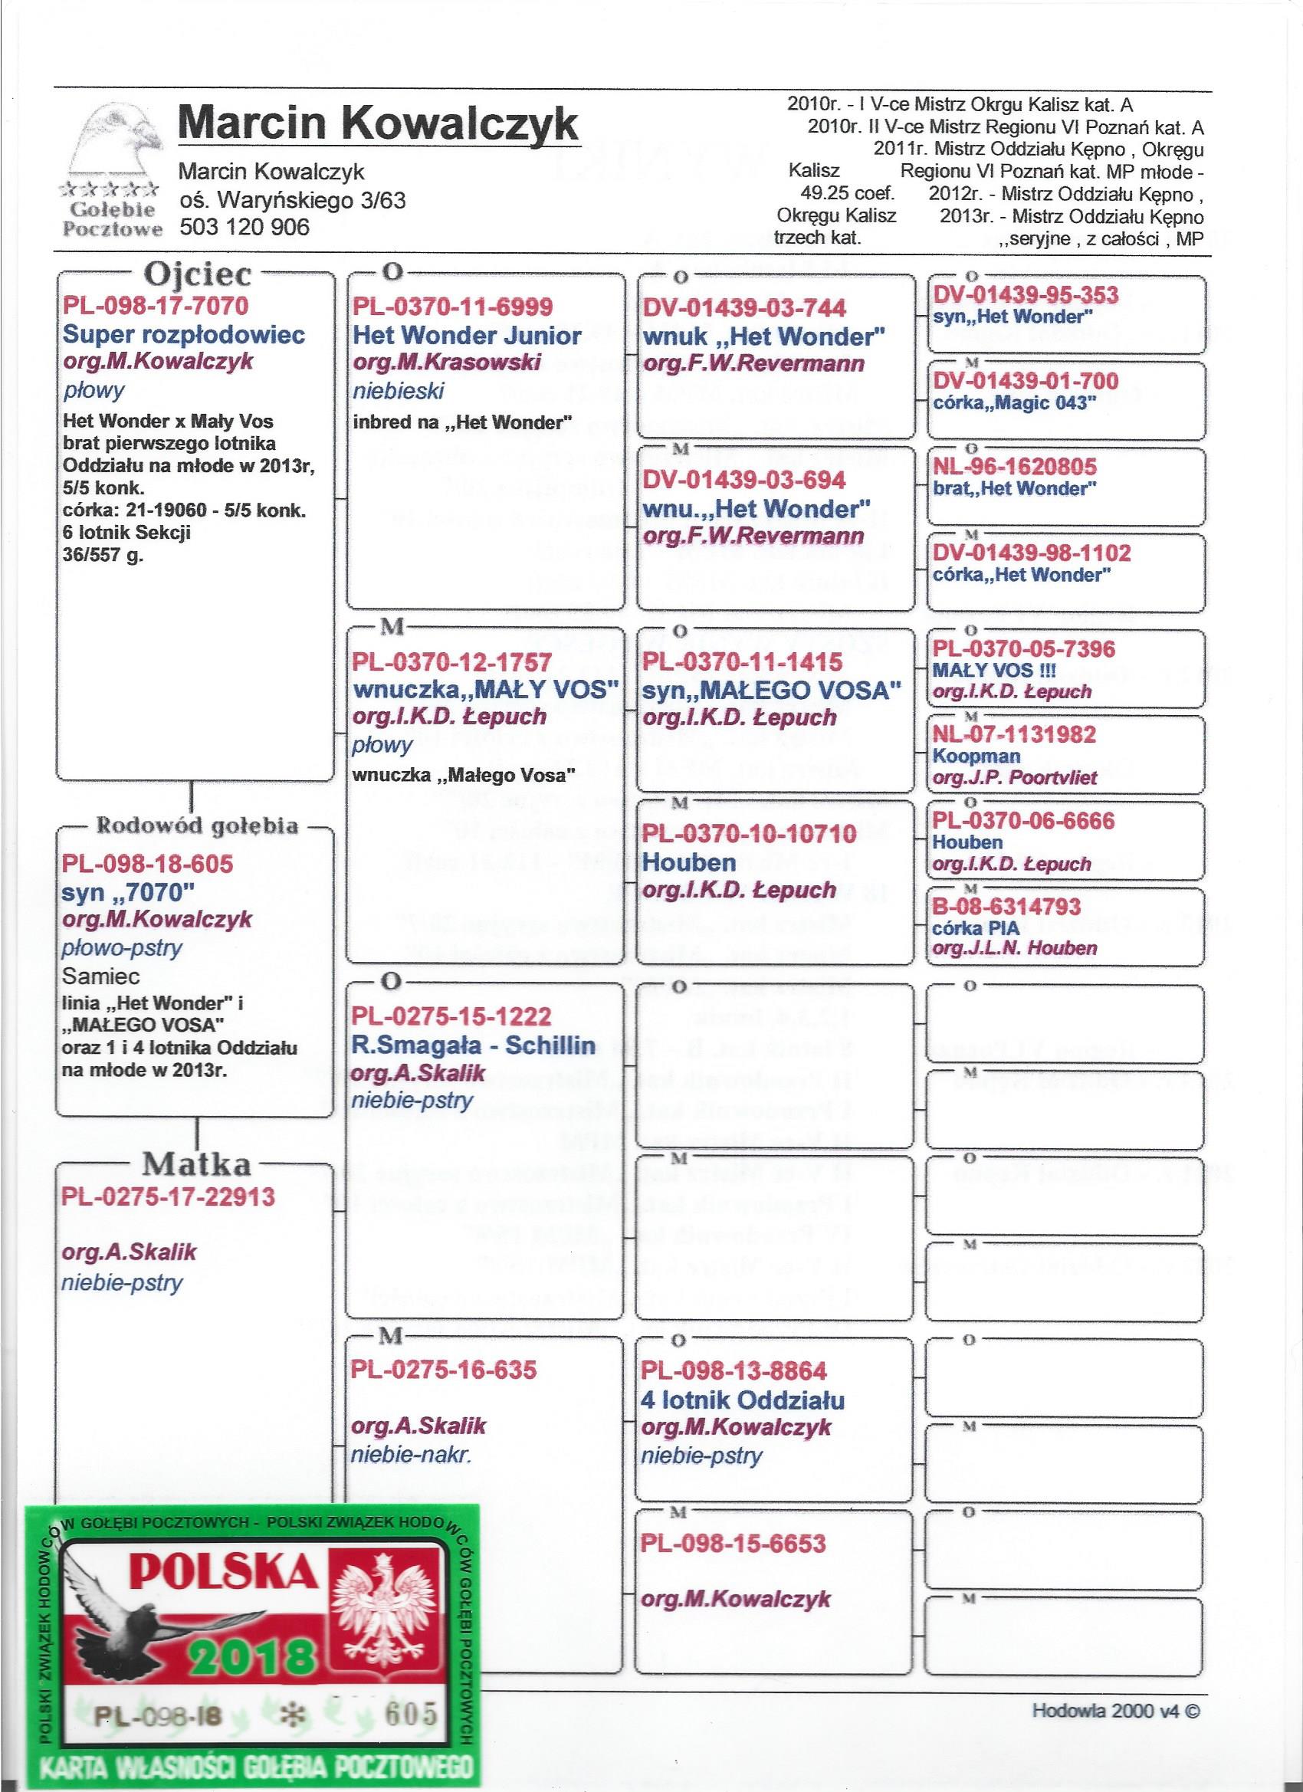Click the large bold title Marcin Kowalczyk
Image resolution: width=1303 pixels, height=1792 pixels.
(379, 125)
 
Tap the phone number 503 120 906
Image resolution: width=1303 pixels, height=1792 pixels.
(245, 228)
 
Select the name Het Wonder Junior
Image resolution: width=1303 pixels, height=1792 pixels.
(468, 336)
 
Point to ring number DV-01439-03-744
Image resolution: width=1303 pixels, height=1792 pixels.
(744, 308)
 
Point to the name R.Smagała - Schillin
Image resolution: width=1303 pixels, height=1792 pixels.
(474, 1045)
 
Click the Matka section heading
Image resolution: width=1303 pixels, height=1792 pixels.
(196, 1163)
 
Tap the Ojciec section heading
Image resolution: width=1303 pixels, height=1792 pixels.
(196, 274)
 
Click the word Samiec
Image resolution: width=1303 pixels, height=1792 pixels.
(101, 976)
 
